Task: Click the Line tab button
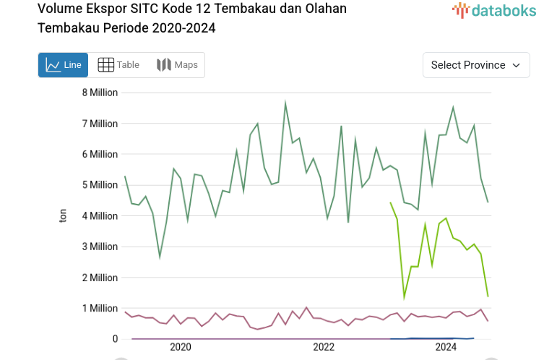pyautogui.click(x=63, y=65)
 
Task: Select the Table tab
pyautogui.click(x=118, y=65)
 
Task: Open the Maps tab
pyautogui.click(x=177, y=65)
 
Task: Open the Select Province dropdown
pyautogui.click(x=475, y=65)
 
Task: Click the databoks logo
pyautogui.click(x=494, y=10)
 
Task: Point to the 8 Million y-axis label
pyautogui.click(x=100, y=93)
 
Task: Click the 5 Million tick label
pyautogui.click(x=100, y=185)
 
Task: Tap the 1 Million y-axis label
pyautogui.click(x=100, y=309)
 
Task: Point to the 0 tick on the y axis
pyautogui.click(x=114, y=339)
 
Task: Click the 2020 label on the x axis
pyautogui.click(x=181, y=348)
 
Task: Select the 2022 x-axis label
pyautogui.click(x=324, y=348)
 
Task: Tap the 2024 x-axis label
pyautogui.click(x=446, y=348)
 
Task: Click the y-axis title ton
pyautogui.click(x=63, y=215)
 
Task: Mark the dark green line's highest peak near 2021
pyautogui.click(x=285, y=103)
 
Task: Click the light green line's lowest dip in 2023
pyautogui.click(x=405, y=297)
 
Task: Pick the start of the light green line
pyautogui.click(x=390, y=203)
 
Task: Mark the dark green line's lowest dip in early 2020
pyautogui.click(x=160, y=257)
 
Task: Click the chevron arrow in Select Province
pyautogui.click(x=516, y=65)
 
